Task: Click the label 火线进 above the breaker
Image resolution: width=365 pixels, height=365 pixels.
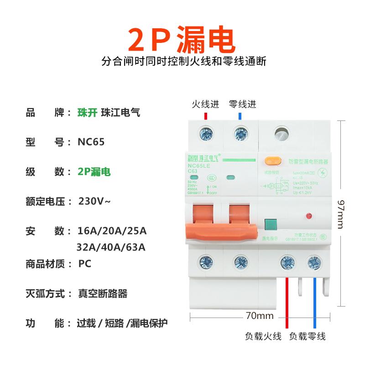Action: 205,104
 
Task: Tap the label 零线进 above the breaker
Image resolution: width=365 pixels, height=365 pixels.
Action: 242,104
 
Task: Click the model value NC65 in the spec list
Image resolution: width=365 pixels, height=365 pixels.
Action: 91,142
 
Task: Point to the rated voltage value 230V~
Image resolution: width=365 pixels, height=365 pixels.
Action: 94,201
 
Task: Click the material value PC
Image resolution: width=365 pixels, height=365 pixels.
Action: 85,263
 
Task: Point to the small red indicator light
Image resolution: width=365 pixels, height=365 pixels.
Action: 309,214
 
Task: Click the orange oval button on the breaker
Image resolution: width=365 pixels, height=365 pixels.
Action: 272,161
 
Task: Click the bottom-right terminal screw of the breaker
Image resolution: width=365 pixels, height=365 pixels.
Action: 313,262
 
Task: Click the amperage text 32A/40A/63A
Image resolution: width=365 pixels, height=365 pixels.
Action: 111,247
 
